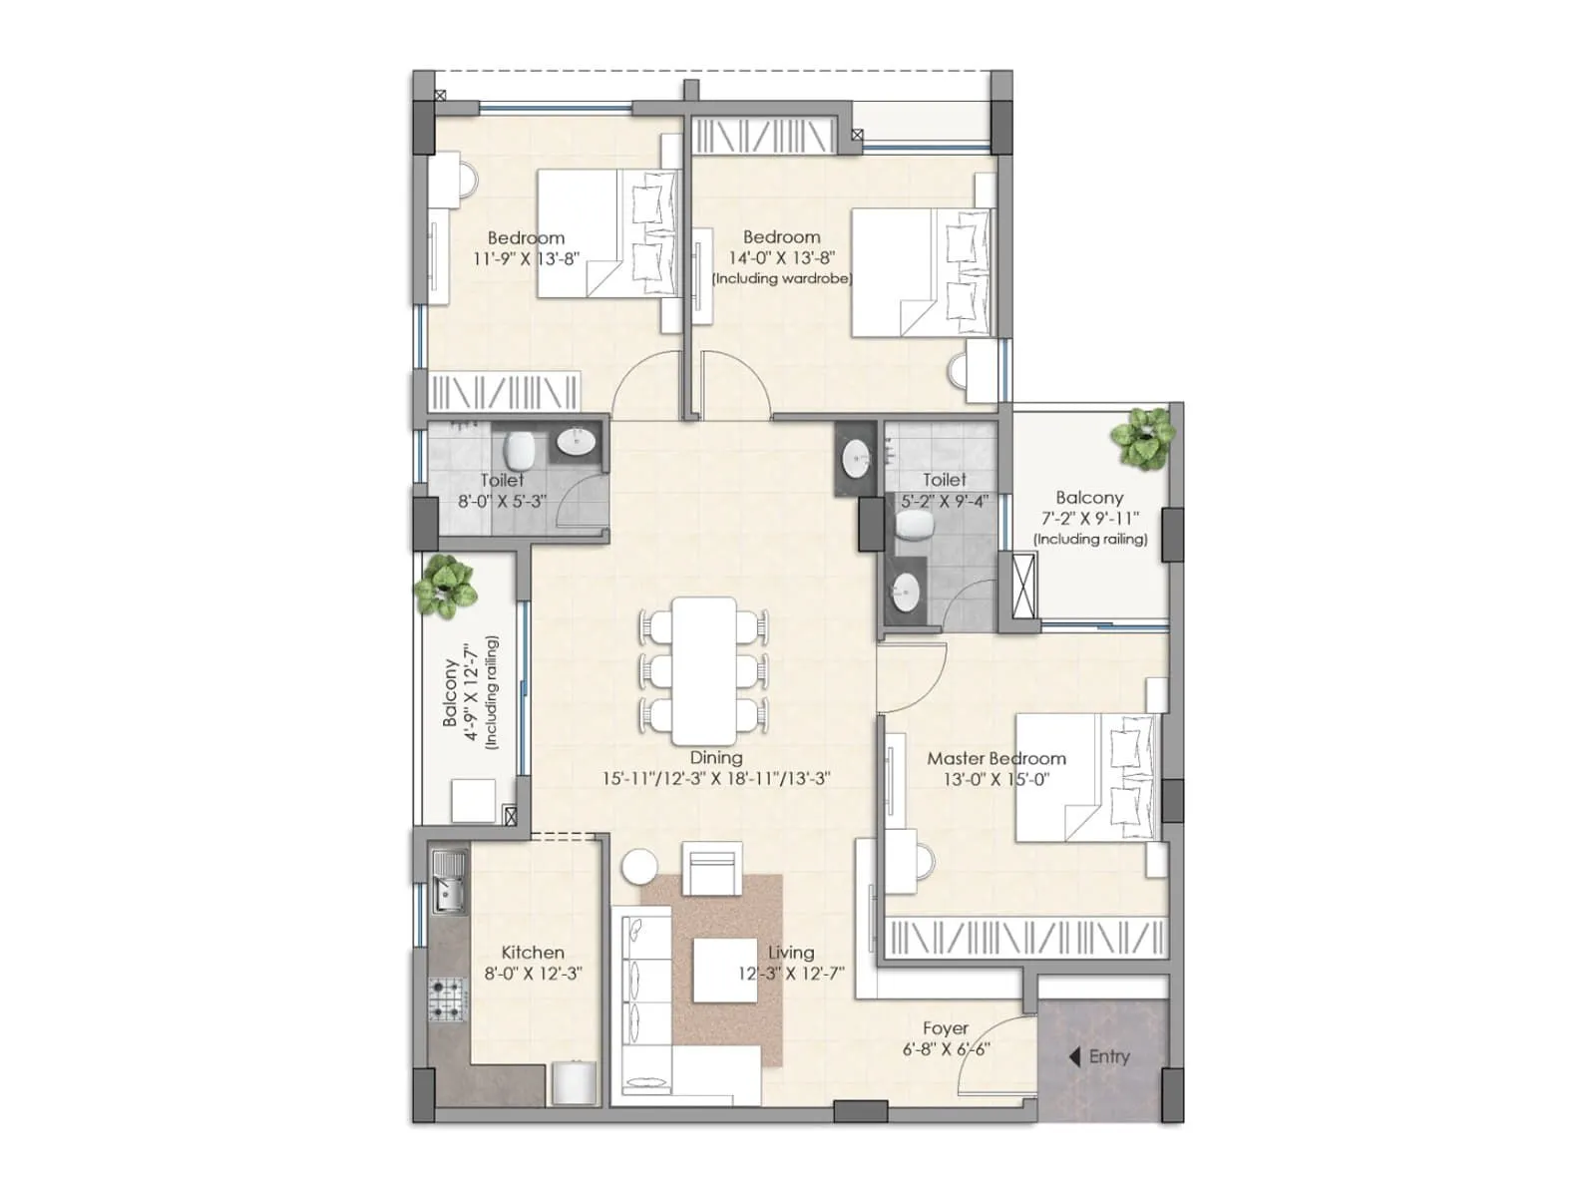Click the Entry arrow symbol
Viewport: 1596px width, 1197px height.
[1074, 1056]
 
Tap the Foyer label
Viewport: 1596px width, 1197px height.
[945, 1027]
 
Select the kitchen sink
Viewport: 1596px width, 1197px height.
[449, 882]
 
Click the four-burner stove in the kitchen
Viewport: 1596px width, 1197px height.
[448, 998]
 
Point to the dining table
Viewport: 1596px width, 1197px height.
[704, 664]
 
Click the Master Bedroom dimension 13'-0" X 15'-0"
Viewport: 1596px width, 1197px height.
[997, 779]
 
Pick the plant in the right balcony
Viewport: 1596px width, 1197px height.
[1143, 438]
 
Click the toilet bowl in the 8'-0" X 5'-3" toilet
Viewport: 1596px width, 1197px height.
[518, 450]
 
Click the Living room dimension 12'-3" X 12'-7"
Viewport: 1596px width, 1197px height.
[791, 974]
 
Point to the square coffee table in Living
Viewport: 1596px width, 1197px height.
[725, 971]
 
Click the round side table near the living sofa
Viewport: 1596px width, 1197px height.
[638, 866]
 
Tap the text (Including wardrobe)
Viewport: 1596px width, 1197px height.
[782, 278]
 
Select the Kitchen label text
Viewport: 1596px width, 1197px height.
[533, 952]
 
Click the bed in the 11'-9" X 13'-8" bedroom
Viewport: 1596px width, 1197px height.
[606, 233]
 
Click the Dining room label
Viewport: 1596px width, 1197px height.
[715, 758]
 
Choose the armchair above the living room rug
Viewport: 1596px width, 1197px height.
[712, 868]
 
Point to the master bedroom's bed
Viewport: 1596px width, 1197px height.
[1086, 777]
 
